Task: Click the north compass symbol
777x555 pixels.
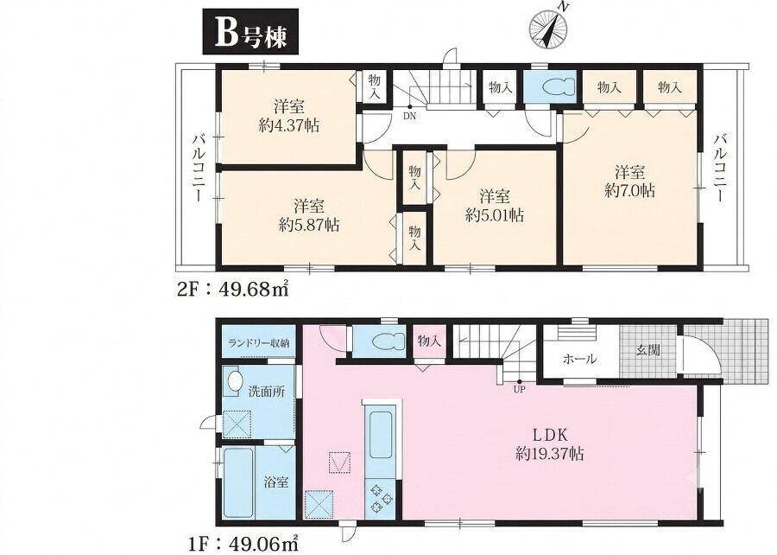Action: tap(548, 29)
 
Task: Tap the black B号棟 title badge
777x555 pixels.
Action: tap(251, 31)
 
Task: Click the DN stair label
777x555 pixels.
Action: tap(409, 117)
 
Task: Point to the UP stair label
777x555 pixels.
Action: tap(519, 389)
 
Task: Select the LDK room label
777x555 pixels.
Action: tap(549, 435)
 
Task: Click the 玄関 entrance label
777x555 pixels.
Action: tap(647, 349)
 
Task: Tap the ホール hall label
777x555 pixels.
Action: tap(579, 359)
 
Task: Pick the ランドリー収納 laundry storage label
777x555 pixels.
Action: tap(259, 342)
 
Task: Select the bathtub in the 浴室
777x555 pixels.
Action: tap(239, 482)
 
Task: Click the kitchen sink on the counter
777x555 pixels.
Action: tap(381, 435)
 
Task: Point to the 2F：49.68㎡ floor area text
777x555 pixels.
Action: tap(233, 289)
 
